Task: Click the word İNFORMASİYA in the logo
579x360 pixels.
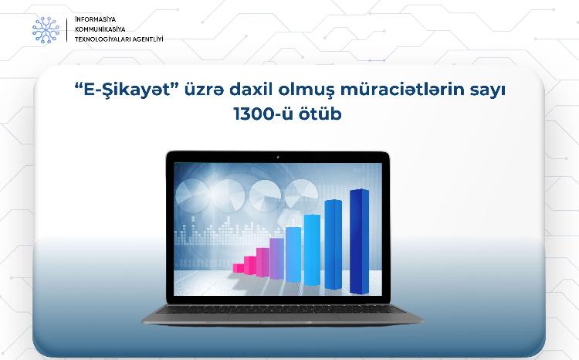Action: [91, 19]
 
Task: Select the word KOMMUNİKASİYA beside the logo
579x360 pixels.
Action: [96, 29]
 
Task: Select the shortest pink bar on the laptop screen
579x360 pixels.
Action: [239, 267]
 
